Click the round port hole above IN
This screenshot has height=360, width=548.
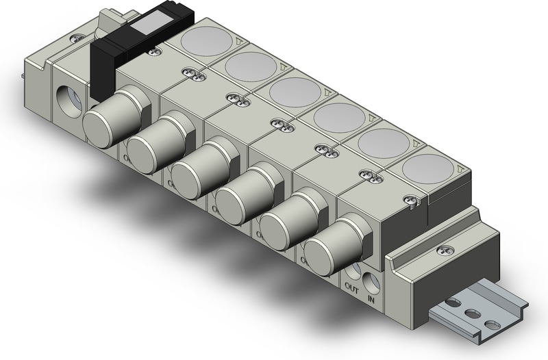[372, 281]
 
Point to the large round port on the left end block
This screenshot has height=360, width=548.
[69, 97]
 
